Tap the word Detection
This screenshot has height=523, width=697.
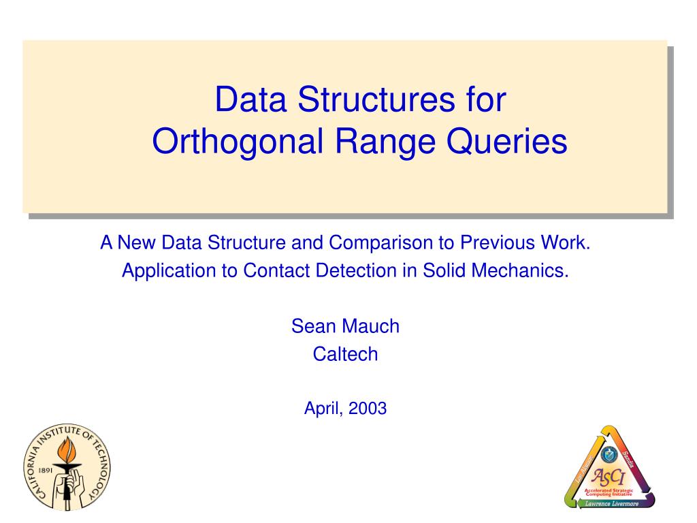tap(355, 270)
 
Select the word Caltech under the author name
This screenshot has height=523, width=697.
tap(345, 354)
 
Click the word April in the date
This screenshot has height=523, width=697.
tap(323, 409)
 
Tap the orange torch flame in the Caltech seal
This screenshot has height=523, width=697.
tap(66, 449)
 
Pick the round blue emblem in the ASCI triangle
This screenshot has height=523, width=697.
tap(608, 454)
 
